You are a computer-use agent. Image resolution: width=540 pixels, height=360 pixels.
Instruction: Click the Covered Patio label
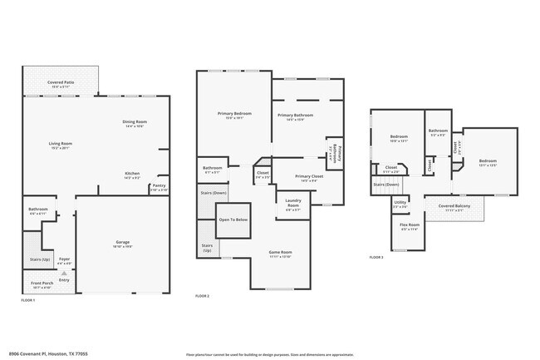pyautogui.click(x=61, y=83)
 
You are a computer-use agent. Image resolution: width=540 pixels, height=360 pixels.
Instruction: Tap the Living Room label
pyautogui.click(x=60, y=144)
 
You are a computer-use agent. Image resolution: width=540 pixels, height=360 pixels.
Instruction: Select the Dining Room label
pyautogui.click(x=135, y=122)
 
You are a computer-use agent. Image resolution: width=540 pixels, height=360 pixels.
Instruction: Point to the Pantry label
pyautogui.click(x=159, y=186)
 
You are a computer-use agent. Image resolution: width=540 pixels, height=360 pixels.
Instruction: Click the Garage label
pyautogui.click(x=122, y=242)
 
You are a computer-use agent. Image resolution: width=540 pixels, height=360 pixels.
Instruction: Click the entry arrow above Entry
pyautogui.click(x=63, y=273)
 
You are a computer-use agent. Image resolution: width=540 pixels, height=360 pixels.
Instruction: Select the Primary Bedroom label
pyautogui.click(x=234, y=114)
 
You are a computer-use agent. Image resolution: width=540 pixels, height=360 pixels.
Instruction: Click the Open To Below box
pyautogui.click(x=233, y=219)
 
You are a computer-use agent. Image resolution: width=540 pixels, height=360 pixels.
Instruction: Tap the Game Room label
pyautogui.click(x=279, y=252)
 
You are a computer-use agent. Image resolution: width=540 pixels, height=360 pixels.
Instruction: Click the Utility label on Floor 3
pyautogui.click(x=400, y=203)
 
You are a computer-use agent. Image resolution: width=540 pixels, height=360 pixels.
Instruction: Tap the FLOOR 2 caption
pyautogui.click(x=203, y=296)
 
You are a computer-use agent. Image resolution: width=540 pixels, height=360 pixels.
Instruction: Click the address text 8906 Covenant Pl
pyautogui.click(x=33, y=353)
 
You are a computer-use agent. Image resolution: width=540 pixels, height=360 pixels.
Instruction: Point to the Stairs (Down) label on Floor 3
pyautogui.click(x=385, y=184)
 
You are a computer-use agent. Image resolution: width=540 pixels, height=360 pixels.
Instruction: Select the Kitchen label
pyautogui.click(x=132, y=173)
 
